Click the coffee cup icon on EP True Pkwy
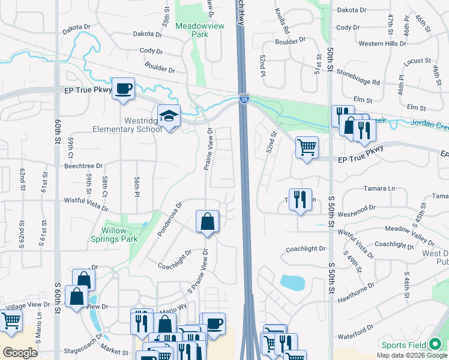tap(123, 89)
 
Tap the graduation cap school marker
tap(169, 116)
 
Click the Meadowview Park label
tap(192, 30)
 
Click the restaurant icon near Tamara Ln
tap(301, 199)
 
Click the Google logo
tap(20, 352)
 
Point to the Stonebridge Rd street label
tap(358, 82)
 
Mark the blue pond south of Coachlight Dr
tap(292, 282)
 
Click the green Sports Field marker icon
tap(435, 344)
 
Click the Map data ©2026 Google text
tap(411, 355)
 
